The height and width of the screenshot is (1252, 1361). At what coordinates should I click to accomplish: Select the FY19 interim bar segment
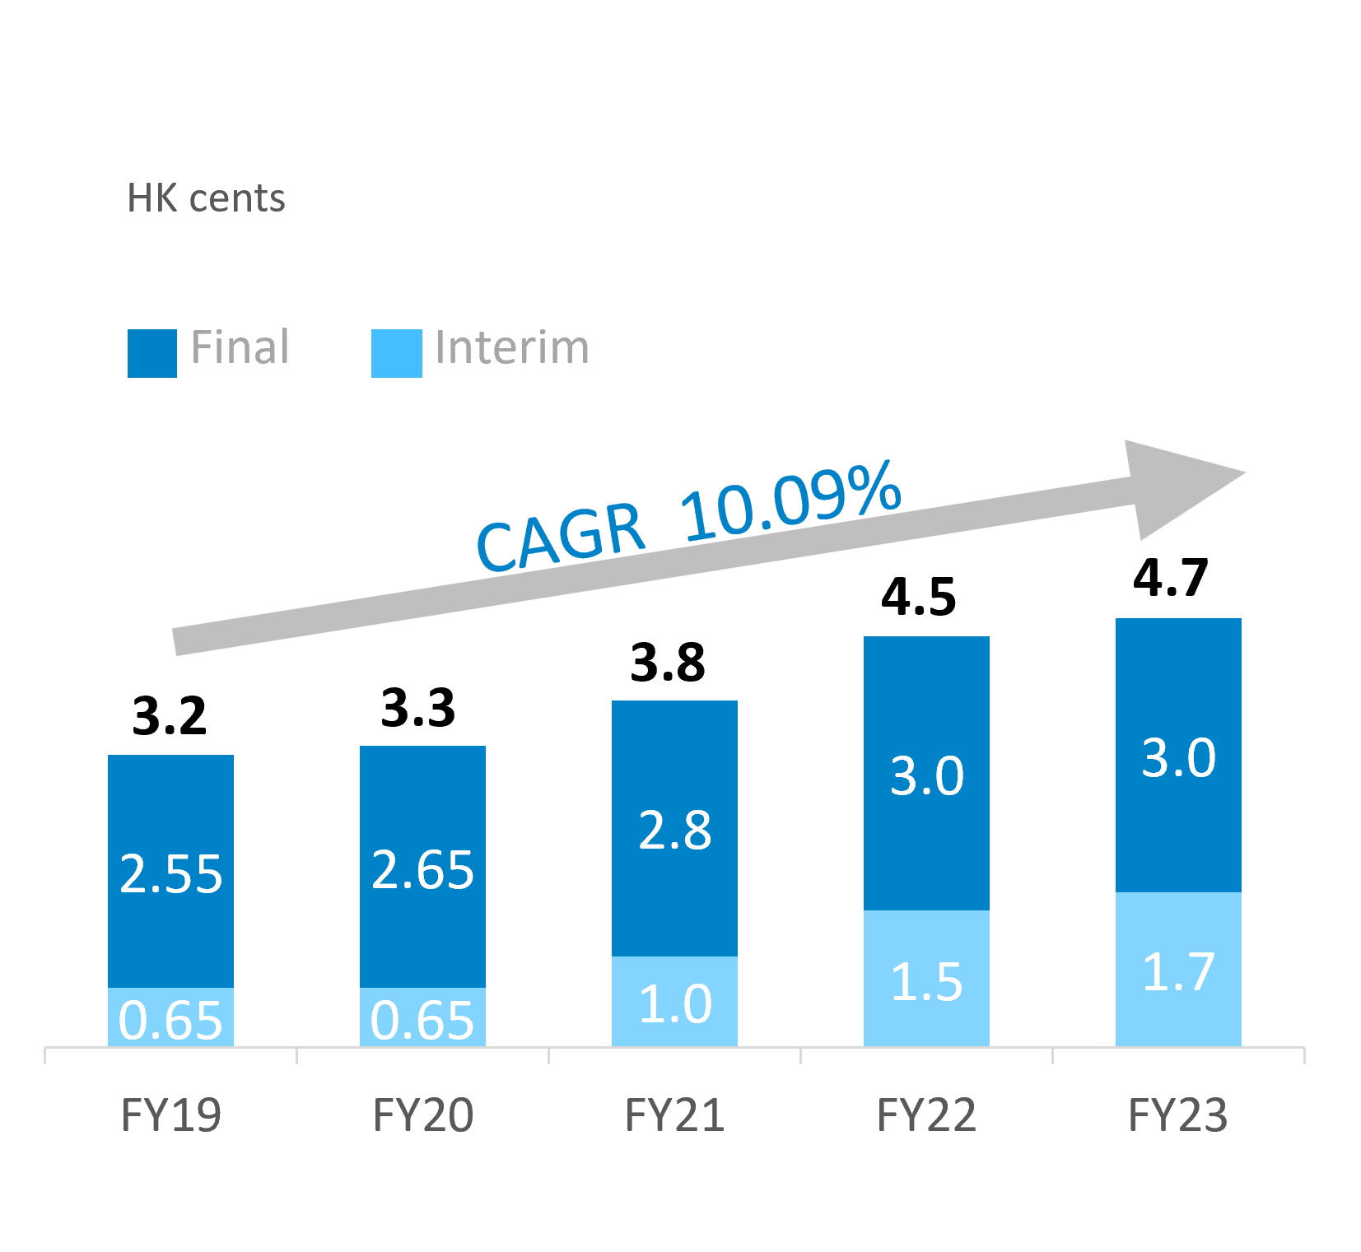170,1017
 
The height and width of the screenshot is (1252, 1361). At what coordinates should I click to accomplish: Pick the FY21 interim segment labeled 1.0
674,1002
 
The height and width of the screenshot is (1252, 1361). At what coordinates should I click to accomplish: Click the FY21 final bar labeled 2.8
674,828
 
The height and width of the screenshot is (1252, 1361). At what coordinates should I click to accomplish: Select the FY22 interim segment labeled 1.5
926,979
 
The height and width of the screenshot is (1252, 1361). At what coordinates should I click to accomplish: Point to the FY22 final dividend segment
926,773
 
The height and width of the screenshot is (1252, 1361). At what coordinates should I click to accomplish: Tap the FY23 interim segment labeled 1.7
1178,970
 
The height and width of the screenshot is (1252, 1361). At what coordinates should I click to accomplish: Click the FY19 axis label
170,1115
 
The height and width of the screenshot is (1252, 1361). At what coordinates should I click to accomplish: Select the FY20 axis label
422,1115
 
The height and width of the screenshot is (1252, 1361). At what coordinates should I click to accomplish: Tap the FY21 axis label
674,1115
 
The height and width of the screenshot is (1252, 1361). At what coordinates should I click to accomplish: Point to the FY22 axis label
926,1115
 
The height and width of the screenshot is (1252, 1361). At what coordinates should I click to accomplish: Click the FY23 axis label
1178,1115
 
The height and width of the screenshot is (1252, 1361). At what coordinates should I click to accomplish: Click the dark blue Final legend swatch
152,353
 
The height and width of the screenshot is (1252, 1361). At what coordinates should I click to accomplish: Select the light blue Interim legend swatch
396,353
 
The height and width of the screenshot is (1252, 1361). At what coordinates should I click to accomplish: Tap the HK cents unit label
206,198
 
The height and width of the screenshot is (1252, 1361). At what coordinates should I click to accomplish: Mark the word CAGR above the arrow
560,537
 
